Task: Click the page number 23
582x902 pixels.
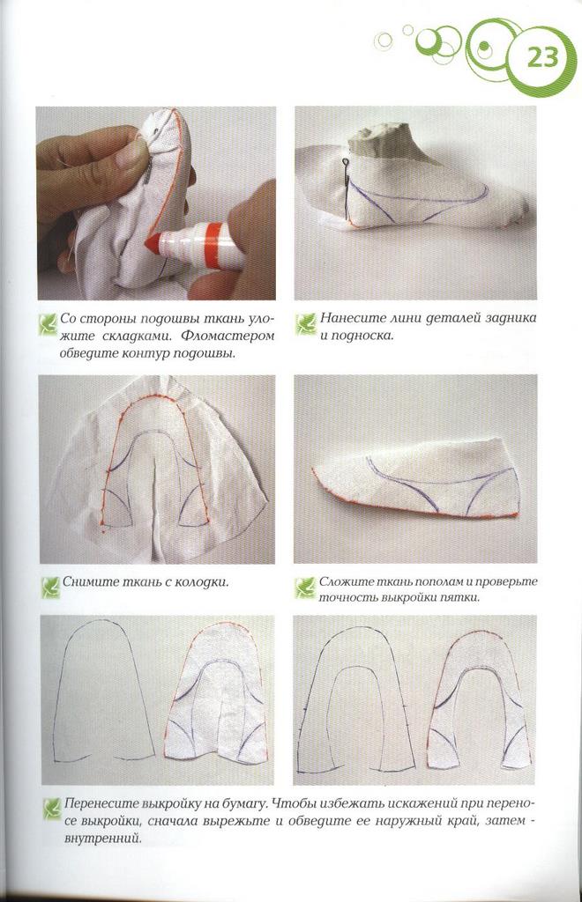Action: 542,58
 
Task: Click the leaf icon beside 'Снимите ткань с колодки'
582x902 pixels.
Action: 51,587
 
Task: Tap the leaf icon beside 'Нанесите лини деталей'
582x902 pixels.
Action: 306,323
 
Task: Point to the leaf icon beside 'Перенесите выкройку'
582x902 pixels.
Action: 52,809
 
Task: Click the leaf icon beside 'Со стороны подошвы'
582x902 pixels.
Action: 48,323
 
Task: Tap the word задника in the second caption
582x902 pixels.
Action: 511,318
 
